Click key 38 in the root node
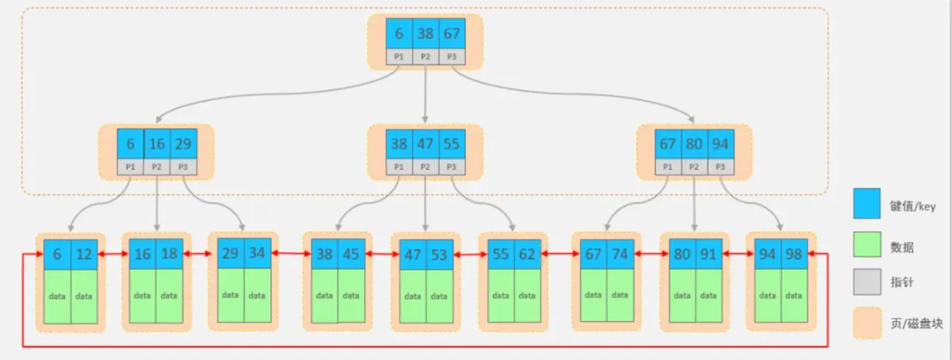(425, 33)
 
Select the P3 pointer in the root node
(451, 56)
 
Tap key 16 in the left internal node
(157, 144)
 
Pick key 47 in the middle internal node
(425, 144)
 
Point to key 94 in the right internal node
(721, 144)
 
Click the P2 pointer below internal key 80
(694, 167)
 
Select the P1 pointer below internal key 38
(399, 167)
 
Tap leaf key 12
(84, 255)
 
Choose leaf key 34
(258, 253)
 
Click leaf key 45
(351, 255)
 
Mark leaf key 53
(440, 255)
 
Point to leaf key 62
(528, 255)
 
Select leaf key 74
(620, 255)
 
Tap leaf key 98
(794, 255)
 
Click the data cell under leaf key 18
(169, 296)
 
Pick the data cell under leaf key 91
(708, 296)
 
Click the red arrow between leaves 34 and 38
(291, 254)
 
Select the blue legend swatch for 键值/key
(866, 204)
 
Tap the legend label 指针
(902, 282)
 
